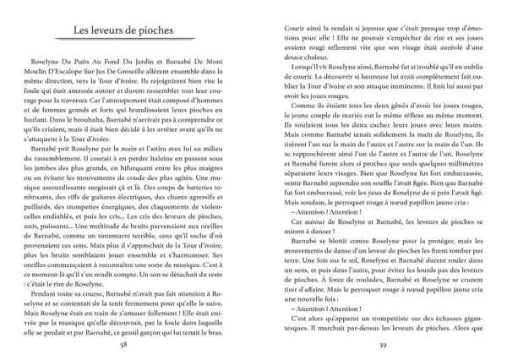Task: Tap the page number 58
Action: click(x=123, y=346)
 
